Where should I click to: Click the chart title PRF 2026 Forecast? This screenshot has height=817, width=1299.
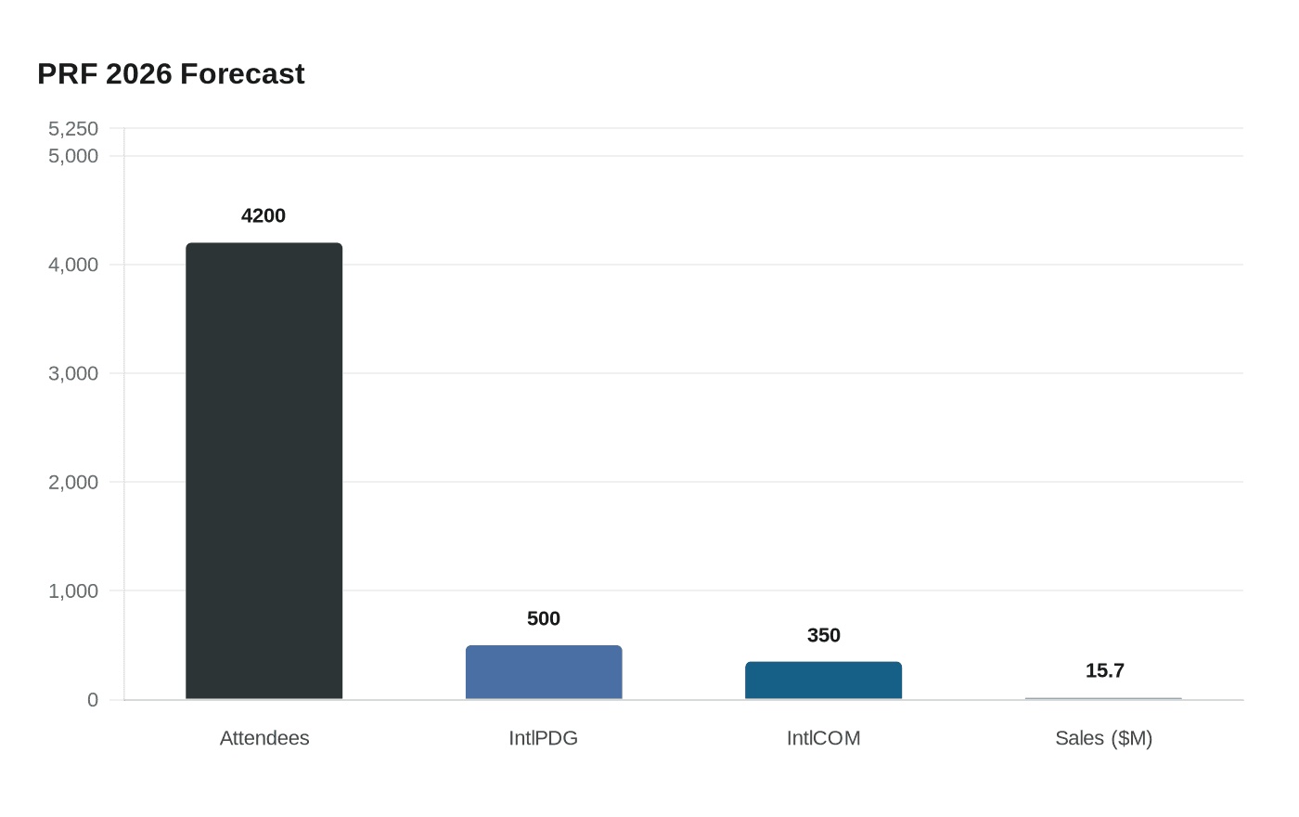[x=171, y=73]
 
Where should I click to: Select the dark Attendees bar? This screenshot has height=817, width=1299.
[x=264, y=471]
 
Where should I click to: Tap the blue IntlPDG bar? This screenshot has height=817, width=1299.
[x=544, y=672]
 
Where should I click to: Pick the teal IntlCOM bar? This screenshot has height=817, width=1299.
[x=823, y=681]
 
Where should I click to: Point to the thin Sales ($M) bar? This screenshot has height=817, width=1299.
[x=1103, y=698]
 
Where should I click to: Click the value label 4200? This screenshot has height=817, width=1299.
[x=264, y=215]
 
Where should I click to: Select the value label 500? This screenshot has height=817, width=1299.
[x=544, y=618]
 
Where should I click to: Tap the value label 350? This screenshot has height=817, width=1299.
[x=824, y=635]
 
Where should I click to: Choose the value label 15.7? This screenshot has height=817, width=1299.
[x=1104, y=670]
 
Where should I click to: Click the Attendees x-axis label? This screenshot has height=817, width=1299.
[x=264, y=738]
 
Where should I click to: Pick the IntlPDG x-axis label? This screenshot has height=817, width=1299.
[x=544, y=738]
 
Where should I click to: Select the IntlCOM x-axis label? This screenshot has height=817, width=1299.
[x=824, y=738]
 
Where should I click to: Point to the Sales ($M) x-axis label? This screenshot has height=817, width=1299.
[x=1103, y=738]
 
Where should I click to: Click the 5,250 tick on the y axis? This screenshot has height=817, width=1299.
[x=73, y=128]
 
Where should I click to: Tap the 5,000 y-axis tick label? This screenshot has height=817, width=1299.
[x=73, y=155]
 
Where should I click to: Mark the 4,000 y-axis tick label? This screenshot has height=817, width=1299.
[x=73, y=265]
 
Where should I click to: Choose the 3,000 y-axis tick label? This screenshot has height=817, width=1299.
[x=73, y=373]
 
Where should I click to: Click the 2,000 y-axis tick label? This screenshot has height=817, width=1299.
[x=73, y=482]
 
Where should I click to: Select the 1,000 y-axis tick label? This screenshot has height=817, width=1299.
[x=73, y=590]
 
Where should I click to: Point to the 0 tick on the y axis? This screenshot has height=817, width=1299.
[x=93, y=699]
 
